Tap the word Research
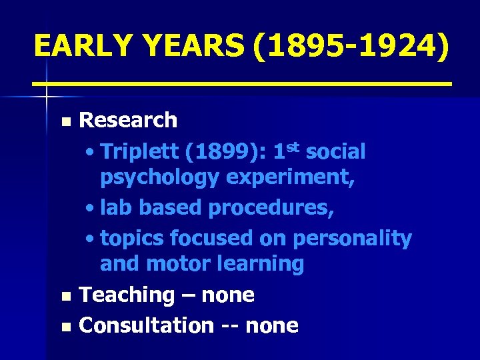point(128,121)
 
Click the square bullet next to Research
point(65,122)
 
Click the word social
point(337,152)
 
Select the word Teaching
point(127,295)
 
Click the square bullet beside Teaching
point(65,296)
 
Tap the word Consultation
point(146,325)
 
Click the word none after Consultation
point(272,325)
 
